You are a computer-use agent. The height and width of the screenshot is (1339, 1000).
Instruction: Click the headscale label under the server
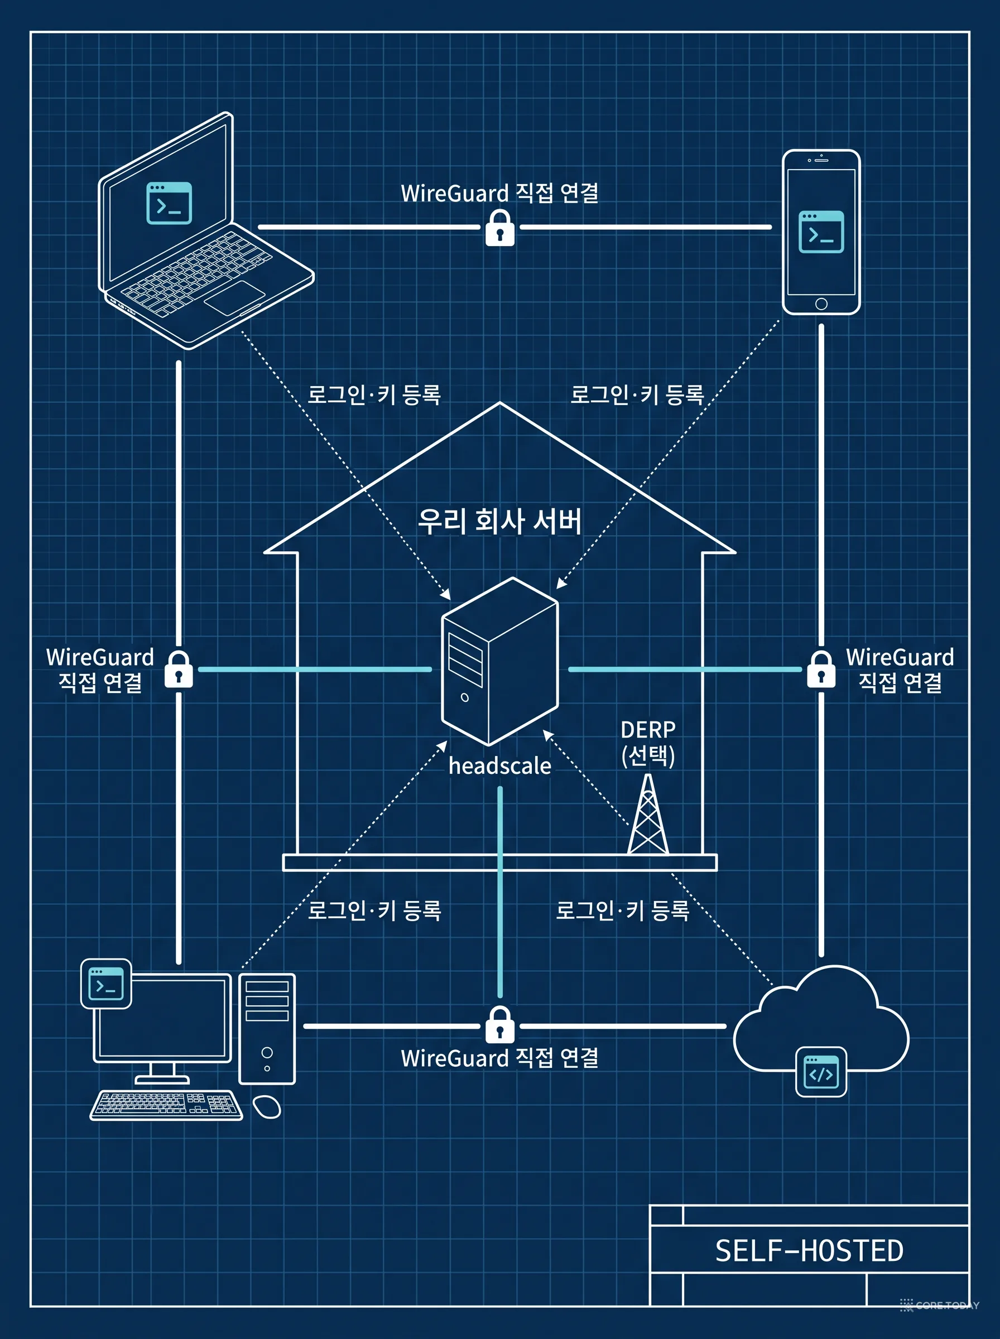(x=499, y=766)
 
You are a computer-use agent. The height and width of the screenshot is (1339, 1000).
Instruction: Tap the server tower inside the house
(x=500, y=661)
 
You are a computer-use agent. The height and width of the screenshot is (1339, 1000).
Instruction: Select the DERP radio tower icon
(x=648, y=814)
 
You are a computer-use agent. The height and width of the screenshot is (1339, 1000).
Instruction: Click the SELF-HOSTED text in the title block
(x=809, y=1251)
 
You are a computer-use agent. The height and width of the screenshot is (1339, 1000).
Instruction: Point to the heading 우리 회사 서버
(x=500, y=521)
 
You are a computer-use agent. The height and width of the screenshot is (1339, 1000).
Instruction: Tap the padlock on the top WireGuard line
(x=500, y=228)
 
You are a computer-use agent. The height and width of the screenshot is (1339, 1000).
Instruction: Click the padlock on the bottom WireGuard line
(x=500, y=1024)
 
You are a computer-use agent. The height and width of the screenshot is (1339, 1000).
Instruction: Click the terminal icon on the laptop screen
(x=169, y=203)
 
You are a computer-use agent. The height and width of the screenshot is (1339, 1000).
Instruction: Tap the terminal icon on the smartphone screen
(x=821, y=232)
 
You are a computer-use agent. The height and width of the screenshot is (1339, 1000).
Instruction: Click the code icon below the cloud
(x=821, y=1072)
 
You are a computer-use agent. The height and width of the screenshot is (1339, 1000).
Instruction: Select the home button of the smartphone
(x=821, y=304)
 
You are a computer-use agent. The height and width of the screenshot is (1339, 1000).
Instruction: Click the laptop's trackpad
(x=234, y=298)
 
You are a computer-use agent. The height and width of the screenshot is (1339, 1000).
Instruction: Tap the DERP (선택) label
(x=648, y=743)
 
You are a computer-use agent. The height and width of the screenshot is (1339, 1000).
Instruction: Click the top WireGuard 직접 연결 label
(x=500, y=193)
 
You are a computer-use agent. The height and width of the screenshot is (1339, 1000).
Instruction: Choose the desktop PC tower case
(x=267, y=1029)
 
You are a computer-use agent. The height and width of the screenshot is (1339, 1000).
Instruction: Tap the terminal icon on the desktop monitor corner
(x=106, y=984)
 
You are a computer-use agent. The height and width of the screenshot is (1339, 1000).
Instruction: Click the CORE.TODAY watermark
(x=940, y=1305)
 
